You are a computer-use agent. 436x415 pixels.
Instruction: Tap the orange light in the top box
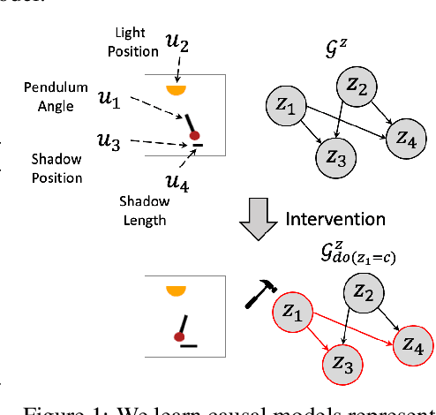coord(179,89)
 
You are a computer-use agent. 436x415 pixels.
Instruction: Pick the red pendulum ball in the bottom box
coord(178,336)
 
